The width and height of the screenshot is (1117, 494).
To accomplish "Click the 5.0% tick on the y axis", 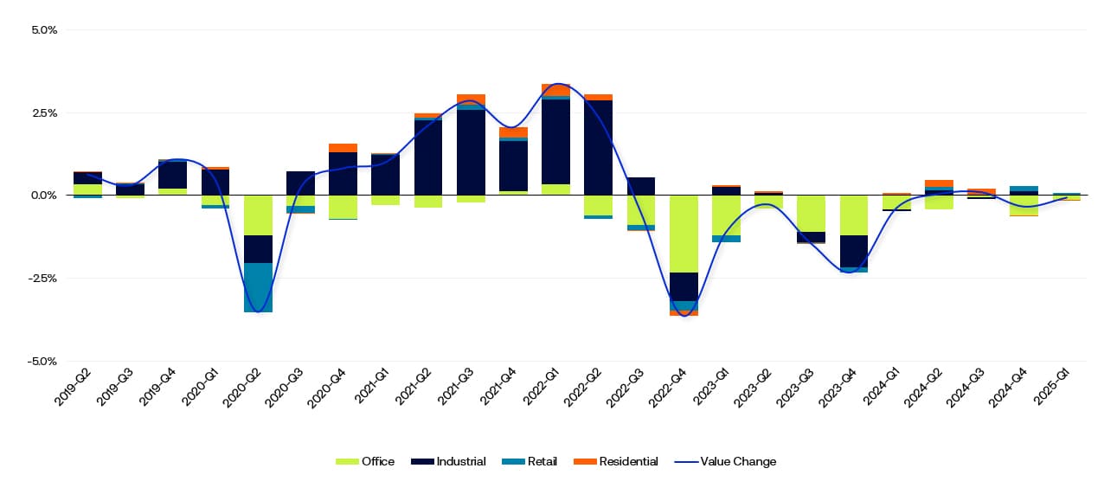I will pos(44,29).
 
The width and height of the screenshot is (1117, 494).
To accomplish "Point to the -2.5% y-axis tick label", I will pos(42,279).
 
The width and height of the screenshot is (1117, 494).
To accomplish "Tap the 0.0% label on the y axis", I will pos(44,196).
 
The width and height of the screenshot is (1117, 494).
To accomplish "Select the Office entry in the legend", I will pos(365,462).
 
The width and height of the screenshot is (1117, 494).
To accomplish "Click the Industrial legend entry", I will pos(449,462).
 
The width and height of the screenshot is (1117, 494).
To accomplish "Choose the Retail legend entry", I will pos(530,462).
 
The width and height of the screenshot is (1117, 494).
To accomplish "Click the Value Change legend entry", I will pos(726,462).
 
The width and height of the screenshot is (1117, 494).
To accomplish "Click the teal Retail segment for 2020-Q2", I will pos(258,287).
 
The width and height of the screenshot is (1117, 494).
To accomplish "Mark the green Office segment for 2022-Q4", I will pos(684,234).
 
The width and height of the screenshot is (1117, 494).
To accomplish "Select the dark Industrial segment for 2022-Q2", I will pos(598,147).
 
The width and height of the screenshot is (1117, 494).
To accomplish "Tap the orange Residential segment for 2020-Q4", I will pos(343,148).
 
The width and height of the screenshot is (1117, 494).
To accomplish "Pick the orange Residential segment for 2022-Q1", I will pos(555,89).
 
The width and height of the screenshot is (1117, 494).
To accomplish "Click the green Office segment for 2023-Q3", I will pos(811,213).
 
